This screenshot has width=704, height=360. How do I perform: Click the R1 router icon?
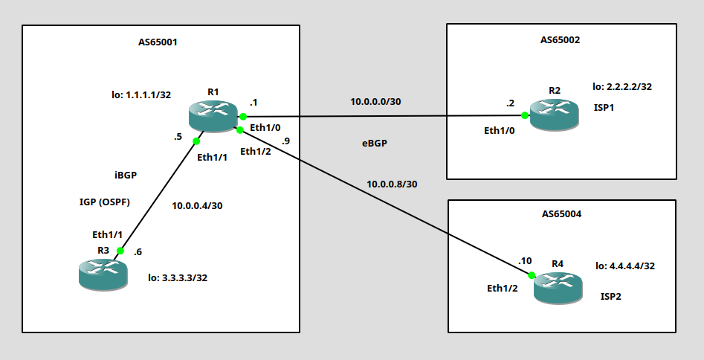[213, 116]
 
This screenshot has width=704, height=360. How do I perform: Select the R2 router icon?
[554, 115]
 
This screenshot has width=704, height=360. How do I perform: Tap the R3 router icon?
[103, 274]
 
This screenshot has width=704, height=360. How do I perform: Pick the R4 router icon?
[558, 288]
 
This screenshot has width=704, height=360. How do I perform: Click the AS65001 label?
[158, 42]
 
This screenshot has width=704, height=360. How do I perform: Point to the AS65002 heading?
[560, 40]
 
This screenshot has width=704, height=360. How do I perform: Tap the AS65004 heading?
[561, 214]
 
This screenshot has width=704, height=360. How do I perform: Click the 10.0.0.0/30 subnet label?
[375, 102]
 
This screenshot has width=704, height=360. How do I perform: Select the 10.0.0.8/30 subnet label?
[392, 184]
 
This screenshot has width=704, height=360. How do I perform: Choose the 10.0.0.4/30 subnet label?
[197, 206]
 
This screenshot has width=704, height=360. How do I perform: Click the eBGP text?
[375, 144]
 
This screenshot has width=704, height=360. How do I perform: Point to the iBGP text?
[126, 176]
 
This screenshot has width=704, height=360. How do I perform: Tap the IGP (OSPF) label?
[105, 202]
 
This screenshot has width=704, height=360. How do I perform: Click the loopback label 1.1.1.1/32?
[141, 94]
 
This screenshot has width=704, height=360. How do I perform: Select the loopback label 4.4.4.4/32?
[625, 266]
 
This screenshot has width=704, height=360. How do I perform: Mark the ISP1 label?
[604, 108]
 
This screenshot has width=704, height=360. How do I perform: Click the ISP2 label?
[611, 297]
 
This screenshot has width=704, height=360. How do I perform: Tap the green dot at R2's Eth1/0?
[525, 115]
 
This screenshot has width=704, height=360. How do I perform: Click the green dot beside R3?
[120, 251]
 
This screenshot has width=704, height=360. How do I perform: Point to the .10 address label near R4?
[525, 260]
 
